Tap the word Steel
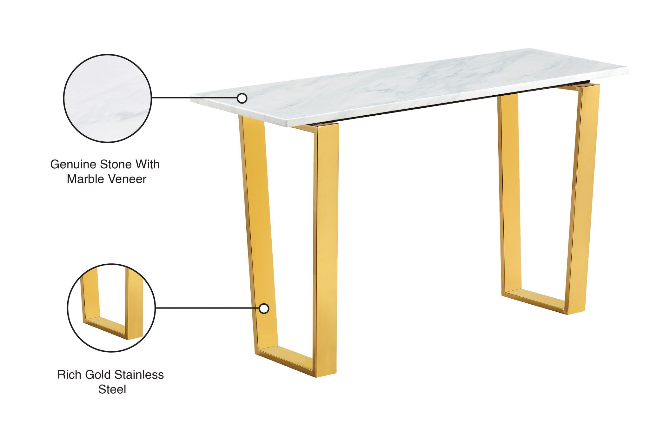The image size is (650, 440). [x=112, y=389]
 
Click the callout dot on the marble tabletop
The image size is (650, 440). [x=242, y=98]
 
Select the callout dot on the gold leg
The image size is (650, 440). [x=264, y=308]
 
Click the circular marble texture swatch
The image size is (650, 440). [x=107, y=98]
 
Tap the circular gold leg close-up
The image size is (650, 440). [x=111, y=308]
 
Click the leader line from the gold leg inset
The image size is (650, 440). [x=206, y=308]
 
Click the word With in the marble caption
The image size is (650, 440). [x=148, y=165]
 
